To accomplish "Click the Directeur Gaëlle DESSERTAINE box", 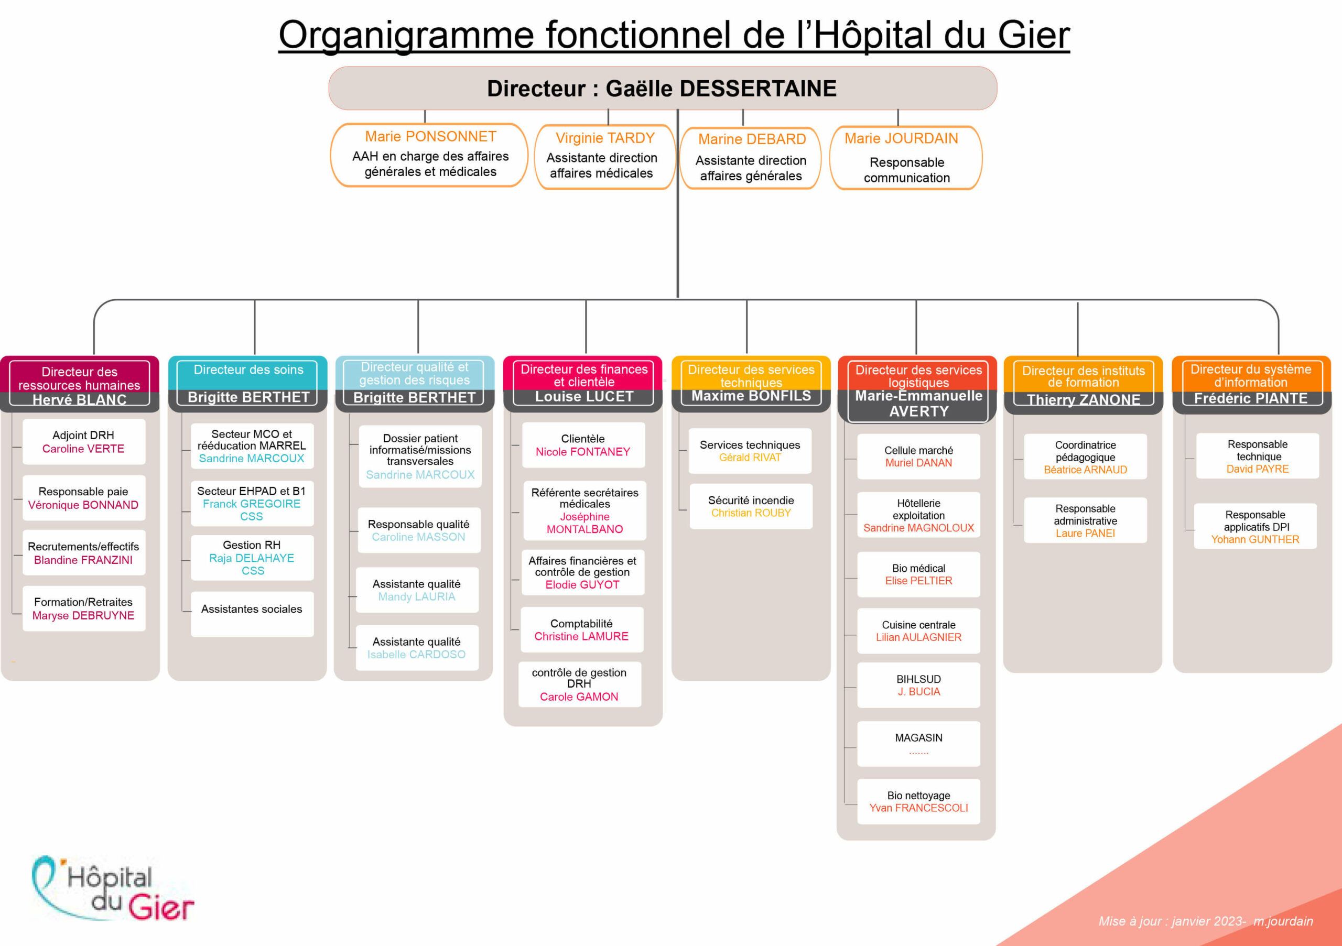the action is click(662, 88).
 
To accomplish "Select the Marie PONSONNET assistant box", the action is click(430, 155).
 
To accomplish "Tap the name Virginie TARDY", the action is click(605, 138).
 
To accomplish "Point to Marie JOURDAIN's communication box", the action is click(906, 158).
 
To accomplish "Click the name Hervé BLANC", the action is click(80, 400).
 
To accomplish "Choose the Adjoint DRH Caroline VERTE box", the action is click(83, 442).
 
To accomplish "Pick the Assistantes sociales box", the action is click(252, 614).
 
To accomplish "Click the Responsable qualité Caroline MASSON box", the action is click(419, 530).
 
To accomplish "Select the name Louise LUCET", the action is click(584, 397).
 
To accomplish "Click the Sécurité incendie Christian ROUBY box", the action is click(751, 506).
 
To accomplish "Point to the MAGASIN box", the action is click(919, 744).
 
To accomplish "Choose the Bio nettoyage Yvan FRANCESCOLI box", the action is click(919, 802).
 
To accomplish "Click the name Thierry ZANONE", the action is click(1084, 400).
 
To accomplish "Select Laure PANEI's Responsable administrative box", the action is click(1086, 520).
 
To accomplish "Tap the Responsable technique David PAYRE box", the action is click(1258, 456).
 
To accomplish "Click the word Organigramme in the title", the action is click(406, 35).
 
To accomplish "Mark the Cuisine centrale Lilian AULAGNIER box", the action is click(919, 631).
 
